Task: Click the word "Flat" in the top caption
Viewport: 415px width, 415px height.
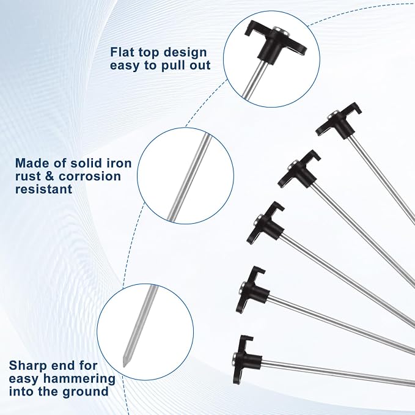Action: (120, 52)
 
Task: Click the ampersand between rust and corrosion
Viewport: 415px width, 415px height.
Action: (50, 176)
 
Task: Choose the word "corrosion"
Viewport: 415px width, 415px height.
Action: (89, 176)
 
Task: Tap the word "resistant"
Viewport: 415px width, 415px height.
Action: (43, 189)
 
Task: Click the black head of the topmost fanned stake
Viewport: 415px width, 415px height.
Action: (339, 122)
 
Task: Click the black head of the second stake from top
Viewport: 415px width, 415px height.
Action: (299, 170)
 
